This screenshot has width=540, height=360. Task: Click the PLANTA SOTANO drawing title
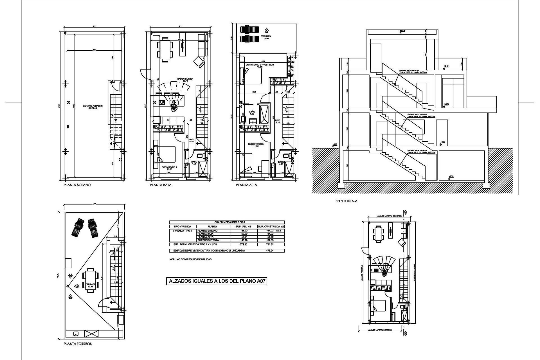click(x=77, y=185)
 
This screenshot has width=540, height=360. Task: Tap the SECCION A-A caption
click(x=346, y=201)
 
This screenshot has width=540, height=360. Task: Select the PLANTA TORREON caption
click(x=78, y=344)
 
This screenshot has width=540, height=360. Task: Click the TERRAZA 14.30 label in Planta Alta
click(x=266, y=37)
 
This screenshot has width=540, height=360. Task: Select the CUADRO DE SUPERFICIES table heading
click(x=227, y=222)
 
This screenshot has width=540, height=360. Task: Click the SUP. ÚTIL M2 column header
click(x=241, y=226)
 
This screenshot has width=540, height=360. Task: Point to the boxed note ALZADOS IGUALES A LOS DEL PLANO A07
click(x=216, y=281)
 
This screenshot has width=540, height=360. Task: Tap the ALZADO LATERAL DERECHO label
click(x=380, y=330)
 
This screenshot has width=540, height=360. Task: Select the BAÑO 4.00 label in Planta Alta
click(x=252, y=113)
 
